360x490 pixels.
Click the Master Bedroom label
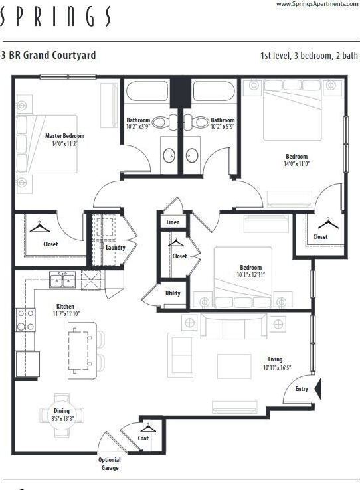[64, 136]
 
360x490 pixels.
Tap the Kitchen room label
[65, 307]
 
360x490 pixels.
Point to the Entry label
[302, 389]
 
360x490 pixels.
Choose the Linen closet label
[173, 222]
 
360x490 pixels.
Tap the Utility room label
[173, 293]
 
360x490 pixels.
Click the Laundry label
[115, 248]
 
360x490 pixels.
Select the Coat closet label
[143, 438]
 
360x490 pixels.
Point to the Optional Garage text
[110, 464]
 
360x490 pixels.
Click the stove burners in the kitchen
[25, 319]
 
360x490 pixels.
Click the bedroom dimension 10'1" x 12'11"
[251, 275]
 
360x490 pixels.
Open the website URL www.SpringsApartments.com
[315, 4]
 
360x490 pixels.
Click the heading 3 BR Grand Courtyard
[48, 56]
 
